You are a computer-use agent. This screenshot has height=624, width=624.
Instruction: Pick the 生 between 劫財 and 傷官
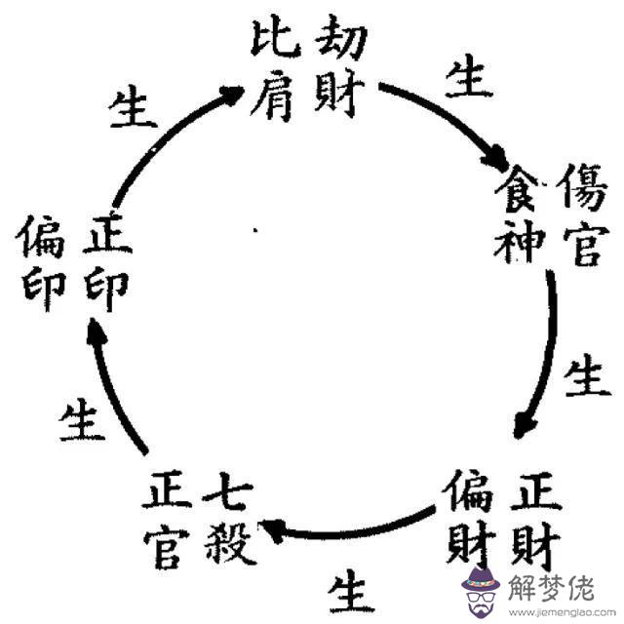click(x=468, y=78)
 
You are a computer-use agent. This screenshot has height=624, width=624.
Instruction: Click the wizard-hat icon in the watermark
click(x=480, y=583)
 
